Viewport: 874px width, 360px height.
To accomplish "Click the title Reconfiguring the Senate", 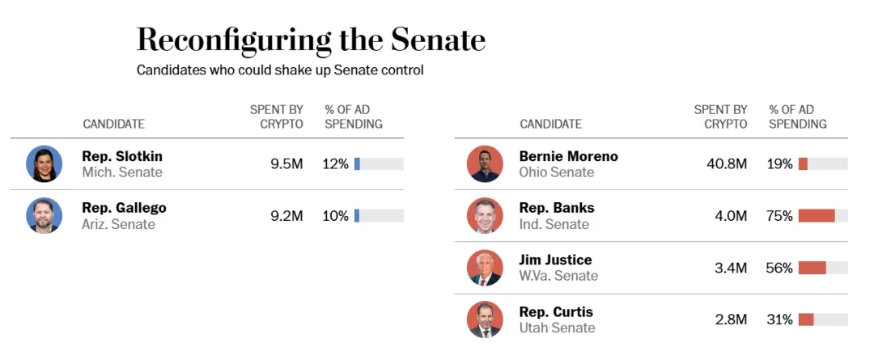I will pos(311,39).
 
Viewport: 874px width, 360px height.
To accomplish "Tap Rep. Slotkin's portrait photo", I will pos(44,164).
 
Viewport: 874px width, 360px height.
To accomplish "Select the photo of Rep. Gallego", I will pos(44,216).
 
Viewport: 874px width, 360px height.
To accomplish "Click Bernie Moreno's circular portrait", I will pos(485,164).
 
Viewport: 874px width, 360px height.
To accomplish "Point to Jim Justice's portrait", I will pos(485,268).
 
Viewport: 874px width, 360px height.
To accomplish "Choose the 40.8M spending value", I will pos(727,164).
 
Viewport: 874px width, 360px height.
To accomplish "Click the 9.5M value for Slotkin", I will pos(286,164).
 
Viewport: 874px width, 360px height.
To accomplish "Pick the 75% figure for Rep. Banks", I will pos(779,216).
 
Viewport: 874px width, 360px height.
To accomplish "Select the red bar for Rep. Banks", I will pos(816,216).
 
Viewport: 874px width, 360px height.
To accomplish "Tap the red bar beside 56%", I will pos(812,268).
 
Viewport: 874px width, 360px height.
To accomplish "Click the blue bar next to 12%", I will pos(357,164).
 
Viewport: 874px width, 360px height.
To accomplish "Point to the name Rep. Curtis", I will pos(556,311).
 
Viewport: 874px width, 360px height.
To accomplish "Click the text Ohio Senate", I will pos(556,172).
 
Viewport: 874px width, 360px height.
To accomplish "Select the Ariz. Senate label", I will pos(118,224).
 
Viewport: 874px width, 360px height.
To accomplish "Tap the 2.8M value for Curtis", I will pos(730,320).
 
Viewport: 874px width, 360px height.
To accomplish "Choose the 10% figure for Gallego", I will pos(336,216).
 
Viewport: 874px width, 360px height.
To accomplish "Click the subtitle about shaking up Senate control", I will pos(280,70).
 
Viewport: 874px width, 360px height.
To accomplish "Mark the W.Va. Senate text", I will pos(558,276).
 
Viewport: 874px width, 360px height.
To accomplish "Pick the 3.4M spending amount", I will pos(730,268).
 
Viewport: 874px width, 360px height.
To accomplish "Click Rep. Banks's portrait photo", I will pos(485,216).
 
